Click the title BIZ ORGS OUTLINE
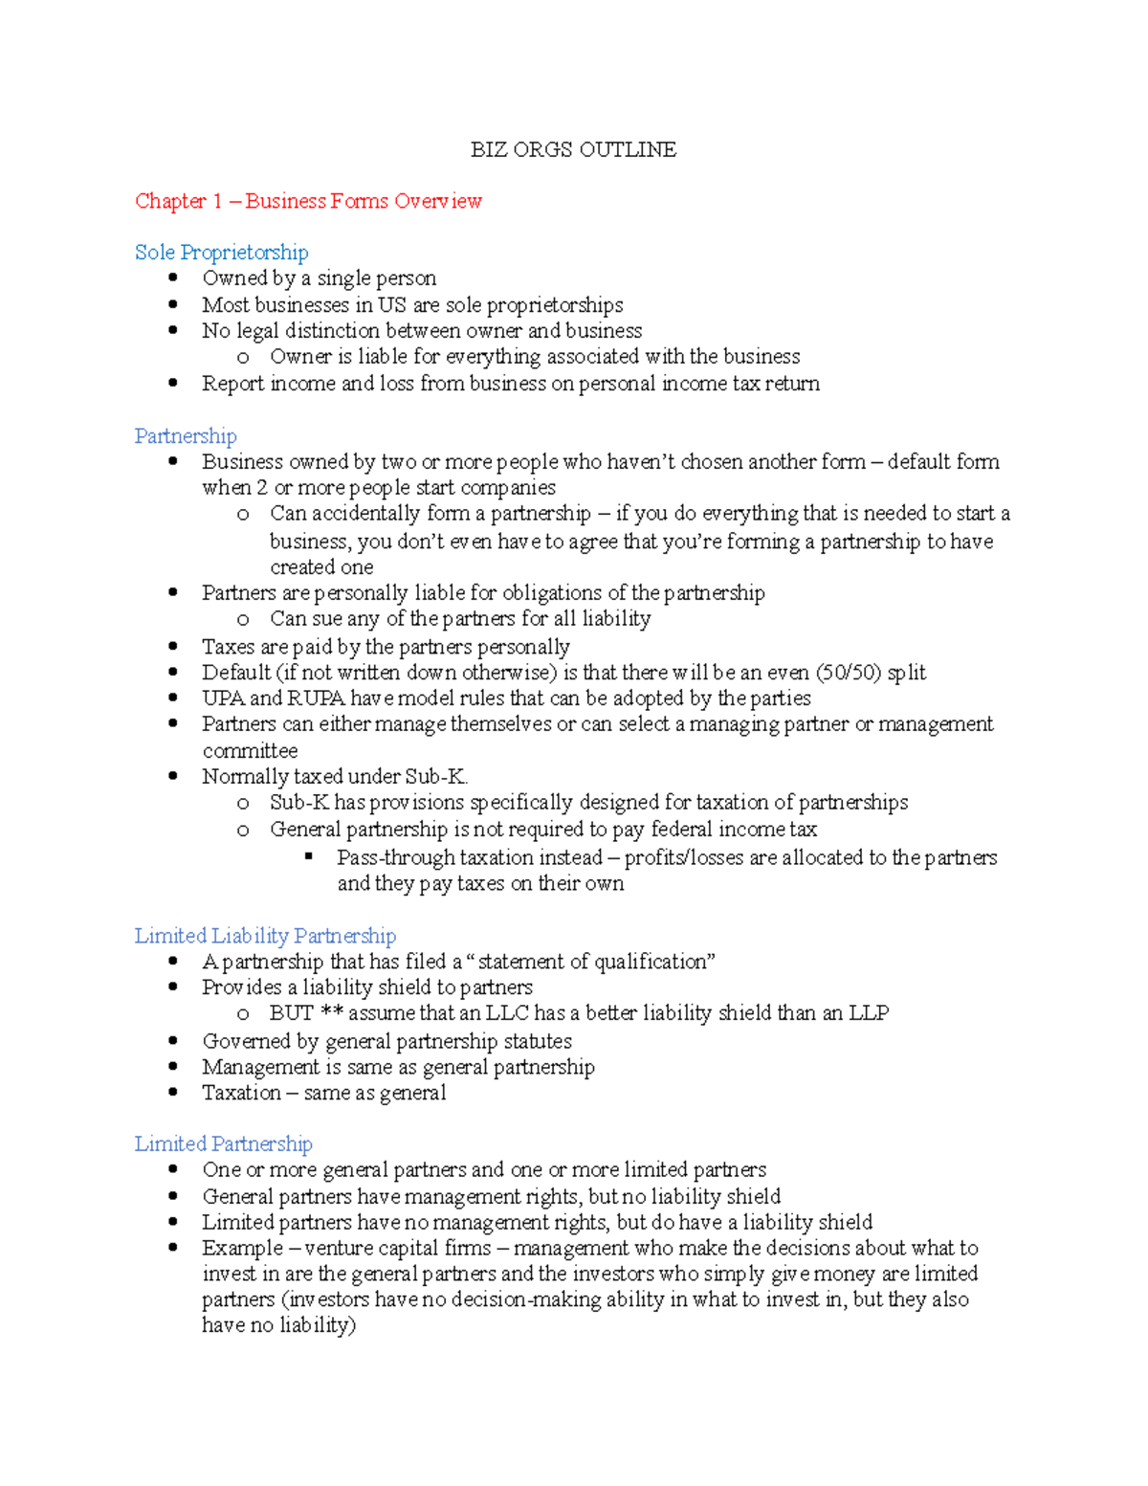click(573, 149)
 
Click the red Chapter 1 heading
click(307, 201)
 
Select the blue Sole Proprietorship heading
click(221, 253)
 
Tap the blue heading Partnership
click(186, 436)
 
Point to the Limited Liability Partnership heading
click(265, 936)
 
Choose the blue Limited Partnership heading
click(223, 1143)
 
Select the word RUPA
click(315, 699)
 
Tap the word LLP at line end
click(869, 1013)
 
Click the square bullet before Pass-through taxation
click(309, 856)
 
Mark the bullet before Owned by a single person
click(173, 277)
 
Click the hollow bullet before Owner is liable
click(243, 358)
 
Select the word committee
click(250, 751)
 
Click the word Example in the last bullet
click(242, 1249)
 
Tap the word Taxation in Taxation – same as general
click(241, 1093)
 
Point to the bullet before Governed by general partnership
click(173, 1040)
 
